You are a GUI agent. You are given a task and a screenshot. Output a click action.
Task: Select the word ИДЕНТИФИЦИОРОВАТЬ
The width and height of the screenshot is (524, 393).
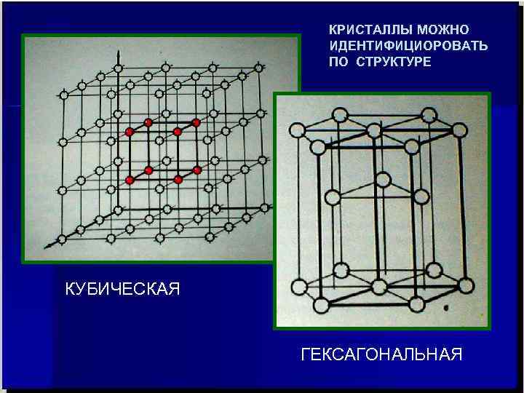tap(408, 46)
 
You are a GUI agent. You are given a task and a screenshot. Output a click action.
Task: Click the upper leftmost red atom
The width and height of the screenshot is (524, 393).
tap(130, 132)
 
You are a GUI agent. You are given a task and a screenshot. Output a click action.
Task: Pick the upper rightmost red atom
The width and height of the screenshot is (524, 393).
tap(196, 122)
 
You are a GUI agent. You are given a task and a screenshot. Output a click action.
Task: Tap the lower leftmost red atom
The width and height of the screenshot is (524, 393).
tap(130, 179)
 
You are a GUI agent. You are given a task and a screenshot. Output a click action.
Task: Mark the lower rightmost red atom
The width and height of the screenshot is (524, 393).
tap(196, 170)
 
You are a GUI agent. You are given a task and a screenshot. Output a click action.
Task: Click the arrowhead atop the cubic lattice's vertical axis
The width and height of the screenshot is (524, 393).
tap(117, 55)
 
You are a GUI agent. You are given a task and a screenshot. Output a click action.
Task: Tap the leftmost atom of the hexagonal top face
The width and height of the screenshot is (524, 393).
tap(296, 131)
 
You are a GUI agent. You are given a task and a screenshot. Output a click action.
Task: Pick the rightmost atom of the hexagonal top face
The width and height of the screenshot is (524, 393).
tap(459, 130)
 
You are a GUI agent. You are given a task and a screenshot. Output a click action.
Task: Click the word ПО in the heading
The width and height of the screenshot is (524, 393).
tap(340, 62)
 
